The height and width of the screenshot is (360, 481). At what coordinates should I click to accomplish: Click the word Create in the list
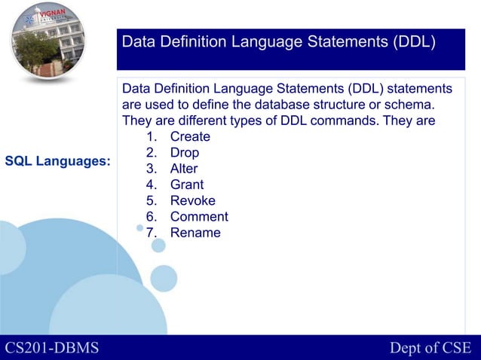pos(190,137)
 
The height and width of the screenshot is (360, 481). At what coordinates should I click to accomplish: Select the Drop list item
pos(185,153)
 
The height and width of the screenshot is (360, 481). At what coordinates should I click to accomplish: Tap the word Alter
pos(184,169)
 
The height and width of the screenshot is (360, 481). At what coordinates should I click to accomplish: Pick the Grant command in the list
pos(187,185)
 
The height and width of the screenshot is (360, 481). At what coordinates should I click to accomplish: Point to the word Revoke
pos(192,201)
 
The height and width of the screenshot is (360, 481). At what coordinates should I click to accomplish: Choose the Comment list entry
pos(199,217)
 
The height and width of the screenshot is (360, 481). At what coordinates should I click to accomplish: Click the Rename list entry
pos(195,233)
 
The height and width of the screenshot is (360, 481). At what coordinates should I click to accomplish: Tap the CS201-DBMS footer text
pos(52,347)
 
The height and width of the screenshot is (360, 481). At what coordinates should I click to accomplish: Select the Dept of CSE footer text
pos(430,347)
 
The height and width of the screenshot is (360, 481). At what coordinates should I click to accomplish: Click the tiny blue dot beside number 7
pos(139,228)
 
